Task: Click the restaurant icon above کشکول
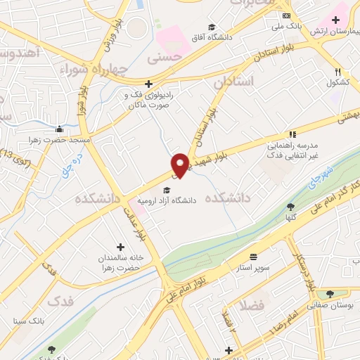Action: tap(338, 72)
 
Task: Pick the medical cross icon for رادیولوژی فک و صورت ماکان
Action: tap(148, 84)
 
